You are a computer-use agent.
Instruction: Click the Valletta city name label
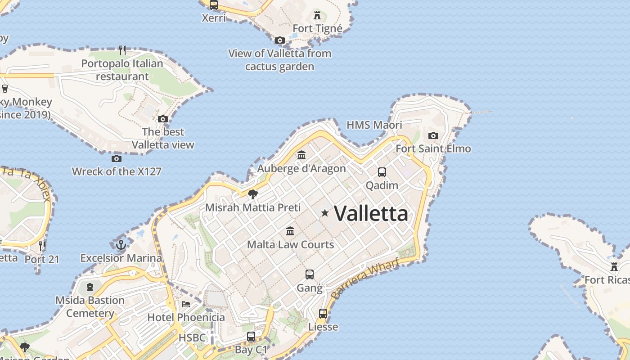click(371, 213)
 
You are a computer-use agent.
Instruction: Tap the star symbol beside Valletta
click(324, 213)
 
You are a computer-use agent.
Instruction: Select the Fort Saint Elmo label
click(433, 148)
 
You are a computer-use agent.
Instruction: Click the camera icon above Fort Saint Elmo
click(433, 135)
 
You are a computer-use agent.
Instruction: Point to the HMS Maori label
click(374, 125)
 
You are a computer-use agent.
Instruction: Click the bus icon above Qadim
click(382, 172)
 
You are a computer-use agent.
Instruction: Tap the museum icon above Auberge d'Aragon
click(301, 155)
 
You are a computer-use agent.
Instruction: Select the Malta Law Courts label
click(290, 244)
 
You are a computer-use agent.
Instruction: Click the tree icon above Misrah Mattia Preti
click(253, 194)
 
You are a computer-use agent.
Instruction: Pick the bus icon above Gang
click(309, 274)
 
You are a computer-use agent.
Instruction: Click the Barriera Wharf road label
click(365, 279)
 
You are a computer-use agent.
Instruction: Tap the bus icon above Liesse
click(323, 314)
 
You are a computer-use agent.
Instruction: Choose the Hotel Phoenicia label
click(186, 317)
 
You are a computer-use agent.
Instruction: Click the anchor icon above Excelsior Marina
click(121, 245)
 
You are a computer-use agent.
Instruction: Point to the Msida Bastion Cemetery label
click(90, 306)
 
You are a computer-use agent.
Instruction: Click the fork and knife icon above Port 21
click(42, 246)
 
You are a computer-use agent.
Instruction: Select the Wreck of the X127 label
click(117, 171)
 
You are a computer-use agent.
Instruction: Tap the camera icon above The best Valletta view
click(162, 119)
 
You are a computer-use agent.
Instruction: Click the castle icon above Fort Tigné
click(317, 15)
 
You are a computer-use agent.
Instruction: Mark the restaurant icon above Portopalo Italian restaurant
click(122, 49)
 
